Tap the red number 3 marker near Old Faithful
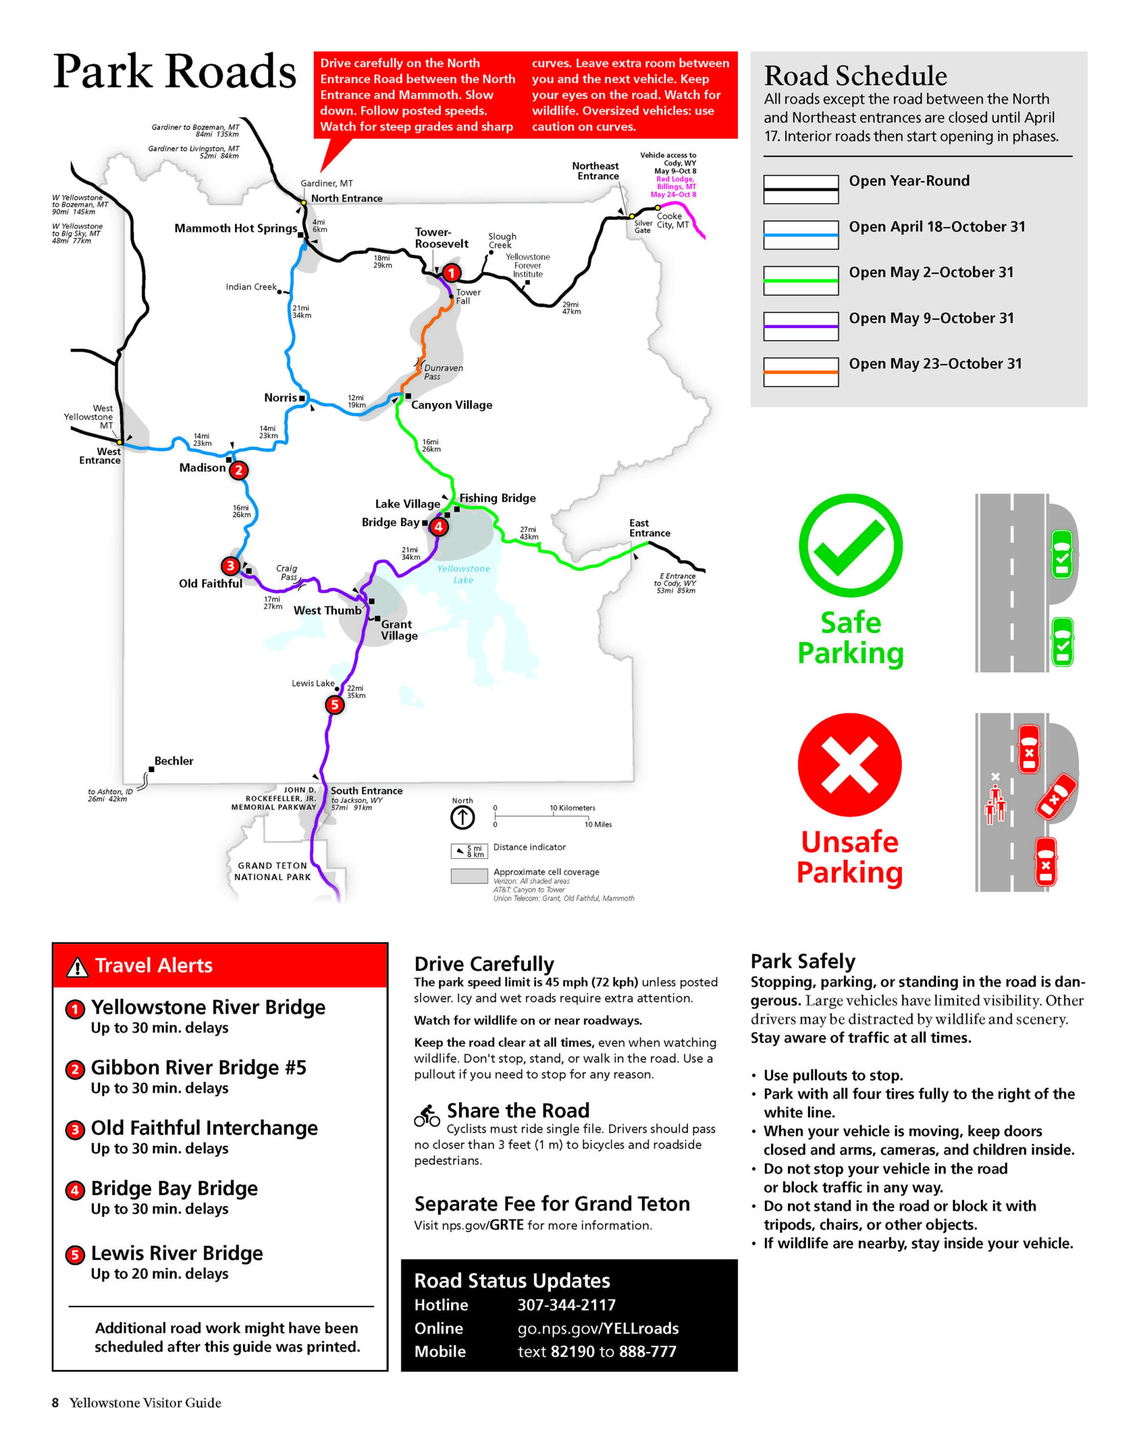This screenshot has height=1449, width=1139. (230, 565)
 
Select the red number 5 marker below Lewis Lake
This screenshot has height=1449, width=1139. (334, 704)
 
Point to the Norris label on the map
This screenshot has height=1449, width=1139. (280, 397)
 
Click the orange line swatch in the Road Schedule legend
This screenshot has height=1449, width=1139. (800, 372)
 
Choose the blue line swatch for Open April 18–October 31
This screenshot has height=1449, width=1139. (800, 235)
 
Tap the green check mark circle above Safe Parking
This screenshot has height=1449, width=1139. (850, 546)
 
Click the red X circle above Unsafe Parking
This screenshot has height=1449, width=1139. (850, 765)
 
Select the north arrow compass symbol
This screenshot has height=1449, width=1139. (462, 817)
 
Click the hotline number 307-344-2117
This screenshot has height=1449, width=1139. (566, 1305)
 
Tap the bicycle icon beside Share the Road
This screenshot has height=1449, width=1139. (427, 1115)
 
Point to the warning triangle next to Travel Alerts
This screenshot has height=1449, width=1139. (78, 966)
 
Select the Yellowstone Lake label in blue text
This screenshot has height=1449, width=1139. (464, 574)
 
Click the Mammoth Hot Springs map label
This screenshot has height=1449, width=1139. (235, 228)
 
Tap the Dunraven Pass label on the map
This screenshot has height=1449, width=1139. (443, 372)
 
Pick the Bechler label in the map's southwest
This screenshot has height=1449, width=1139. (173, 761)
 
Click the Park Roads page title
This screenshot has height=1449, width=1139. (175, 71)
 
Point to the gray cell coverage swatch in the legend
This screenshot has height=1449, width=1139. (469, 876)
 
